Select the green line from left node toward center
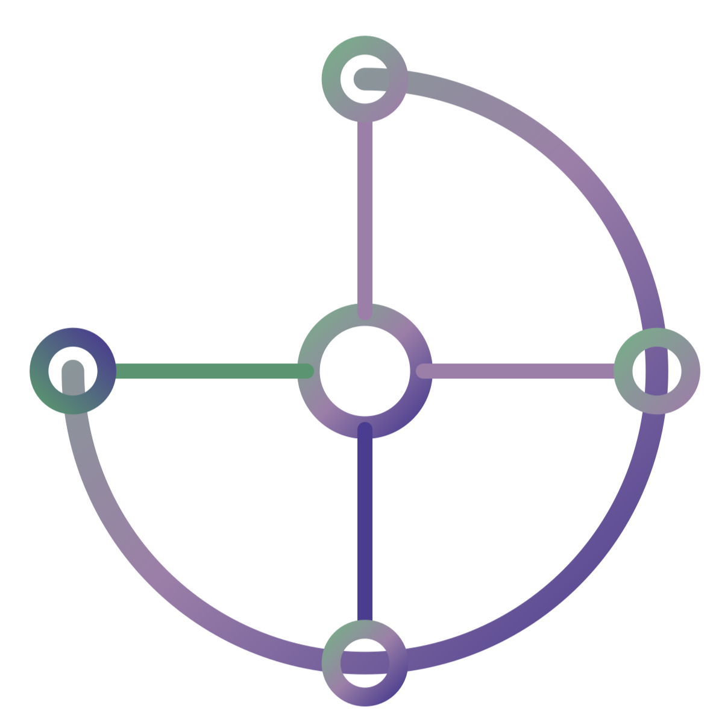pos(205,371)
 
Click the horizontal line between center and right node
pos(518,371)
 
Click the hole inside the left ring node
pos(72,371)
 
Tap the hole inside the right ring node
pos(658,371)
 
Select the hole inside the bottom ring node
pos(364,662)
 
